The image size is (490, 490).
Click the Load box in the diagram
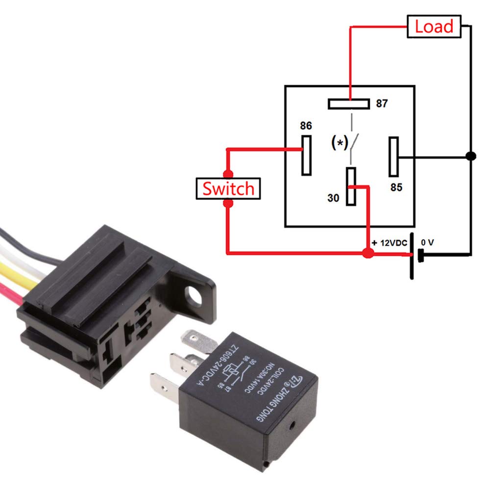point(434,26)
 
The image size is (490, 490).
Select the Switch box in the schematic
point(228,189)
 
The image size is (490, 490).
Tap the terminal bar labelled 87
point(348,104)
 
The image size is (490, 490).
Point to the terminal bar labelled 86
point(306,154)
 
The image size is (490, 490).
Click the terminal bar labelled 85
point(393,157)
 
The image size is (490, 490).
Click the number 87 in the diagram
point(382,104)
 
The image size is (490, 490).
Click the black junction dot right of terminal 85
point(471,157)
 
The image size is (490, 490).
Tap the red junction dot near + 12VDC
point(367,253)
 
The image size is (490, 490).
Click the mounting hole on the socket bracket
point(192,294)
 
